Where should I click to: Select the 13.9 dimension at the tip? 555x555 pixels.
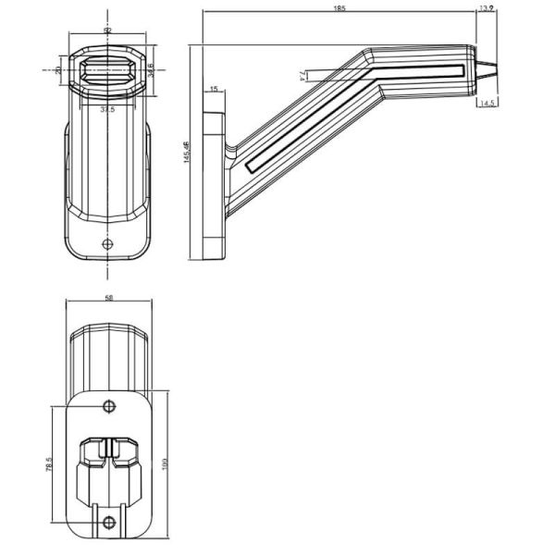486,8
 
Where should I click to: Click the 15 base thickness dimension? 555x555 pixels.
214,89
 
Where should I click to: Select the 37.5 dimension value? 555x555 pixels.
107,109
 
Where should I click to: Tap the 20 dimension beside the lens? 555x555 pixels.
58,69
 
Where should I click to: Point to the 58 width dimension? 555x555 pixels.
108,299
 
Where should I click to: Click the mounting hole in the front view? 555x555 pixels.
108,244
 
